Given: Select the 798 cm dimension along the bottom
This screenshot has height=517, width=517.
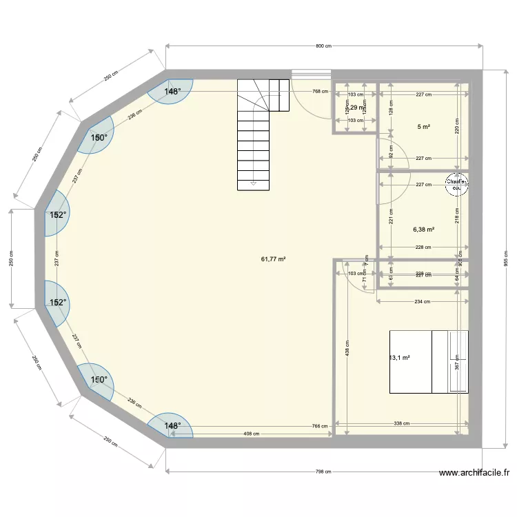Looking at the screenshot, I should [323, 472].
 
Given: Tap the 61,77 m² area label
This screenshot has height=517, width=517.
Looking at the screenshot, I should [273, 259].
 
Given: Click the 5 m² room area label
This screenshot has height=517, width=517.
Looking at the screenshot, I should [423, 127].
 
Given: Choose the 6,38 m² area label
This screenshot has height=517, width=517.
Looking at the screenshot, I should [423, 230].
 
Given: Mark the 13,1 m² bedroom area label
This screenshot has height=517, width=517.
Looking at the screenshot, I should [400, 358].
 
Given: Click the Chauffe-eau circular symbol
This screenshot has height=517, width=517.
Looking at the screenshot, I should [456, 184].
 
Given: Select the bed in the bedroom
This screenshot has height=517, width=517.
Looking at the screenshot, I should [429, 362].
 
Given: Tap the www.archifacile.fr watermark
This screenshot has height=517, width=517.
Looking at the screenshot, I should [474, 473].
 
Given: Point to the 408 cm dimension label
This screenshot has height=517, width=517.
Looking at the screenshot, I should [251, 434].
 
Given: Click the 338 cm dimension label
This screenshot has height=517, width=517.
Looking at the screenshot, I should [402, 424].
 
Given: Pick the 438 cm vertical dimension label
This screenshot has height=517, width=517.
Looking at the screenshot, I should [347, 352].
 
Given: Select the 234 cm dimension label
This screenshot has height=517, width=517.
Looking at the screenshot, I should [423, 301].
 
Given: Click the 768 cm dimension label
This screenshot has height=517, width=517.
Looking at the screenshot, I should [319, 91].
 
